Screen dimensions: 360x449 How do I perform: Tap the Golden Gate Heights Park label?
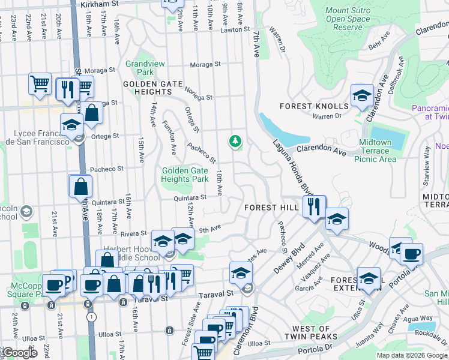tap(185, 175)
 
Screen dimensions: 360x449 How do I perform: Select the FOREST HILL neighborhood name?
tap(272, 207)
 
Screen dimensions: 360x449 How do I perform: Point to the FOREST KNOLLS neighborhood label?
tap(306, 106)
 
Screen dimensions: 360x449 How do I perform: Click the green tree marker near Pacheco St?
tap(235, 142)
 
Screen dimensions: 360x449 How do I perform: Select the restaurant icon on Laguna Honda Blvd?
tap(315, 208)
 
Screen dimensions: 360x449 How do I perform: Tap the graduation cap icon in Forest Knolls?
tap(362, 96)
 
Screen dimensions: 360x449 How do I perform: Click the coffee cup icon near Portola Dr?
tap(411, 254)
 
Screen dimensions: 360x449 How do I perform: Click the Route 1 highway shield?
tap(91, 316)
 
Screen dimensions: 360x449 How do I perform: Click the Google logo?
tap(20, 353)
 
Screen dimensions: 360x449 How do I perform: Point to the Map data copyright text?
tap(412, 355)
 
